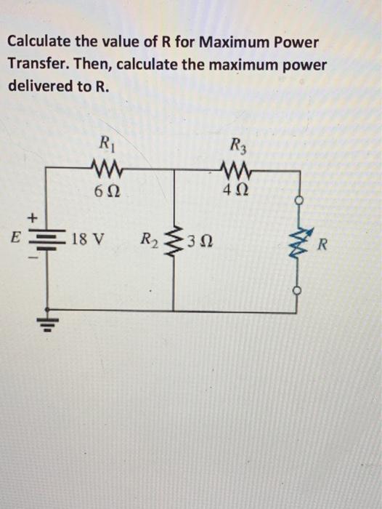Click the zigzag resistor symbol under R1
click(103, 173)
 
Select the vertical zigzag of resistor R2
click(173, 237)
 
